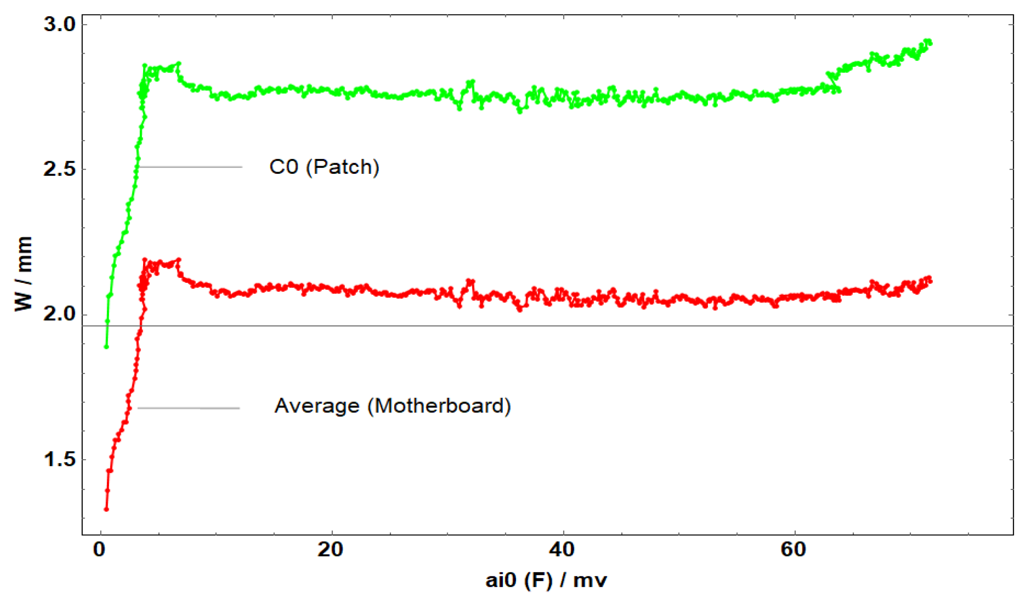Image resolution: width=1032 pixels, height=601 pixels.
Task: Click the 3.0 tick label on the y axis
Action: coord(60,24)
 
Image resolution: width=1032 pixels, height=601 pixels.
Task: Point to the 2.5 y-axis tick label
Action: coord(60,169)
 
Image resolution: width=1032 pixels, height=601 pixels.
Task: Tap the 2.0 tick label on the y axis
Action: coord(60,314)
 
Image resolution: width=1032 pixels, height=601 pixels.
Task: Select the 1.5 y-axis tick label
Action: coord(60,459)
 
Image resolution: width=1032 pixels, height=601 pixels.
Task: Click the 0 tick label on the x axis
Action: coord(99,550)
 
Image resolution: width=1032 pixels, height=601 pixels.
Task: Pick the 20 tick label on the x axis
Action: coord(330,550)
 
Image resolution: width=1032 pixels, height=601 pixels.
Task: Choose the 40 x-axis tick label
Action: coord(562,550)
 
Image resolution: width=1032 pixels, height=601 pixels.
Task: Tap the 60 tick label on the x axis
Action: coord(794,550)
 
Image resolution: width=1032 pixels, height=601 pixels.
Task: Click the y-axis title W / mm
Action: coord(24,273)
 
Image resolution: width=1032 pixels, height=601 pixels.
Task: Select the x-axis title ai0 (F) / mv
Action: coord(546,581)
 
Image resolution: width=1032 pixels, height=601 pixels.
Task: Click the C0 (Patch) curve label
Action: coord(324,167)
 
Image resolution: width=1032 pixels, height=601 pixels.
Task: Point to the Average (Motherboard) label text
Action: coord(392,406)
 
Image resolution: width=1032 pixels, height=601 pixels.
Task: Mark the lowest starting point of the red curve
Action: coord(106,509)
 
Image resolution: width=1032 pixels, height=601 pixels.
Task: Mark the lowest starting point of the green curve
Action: coord(106,347)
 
